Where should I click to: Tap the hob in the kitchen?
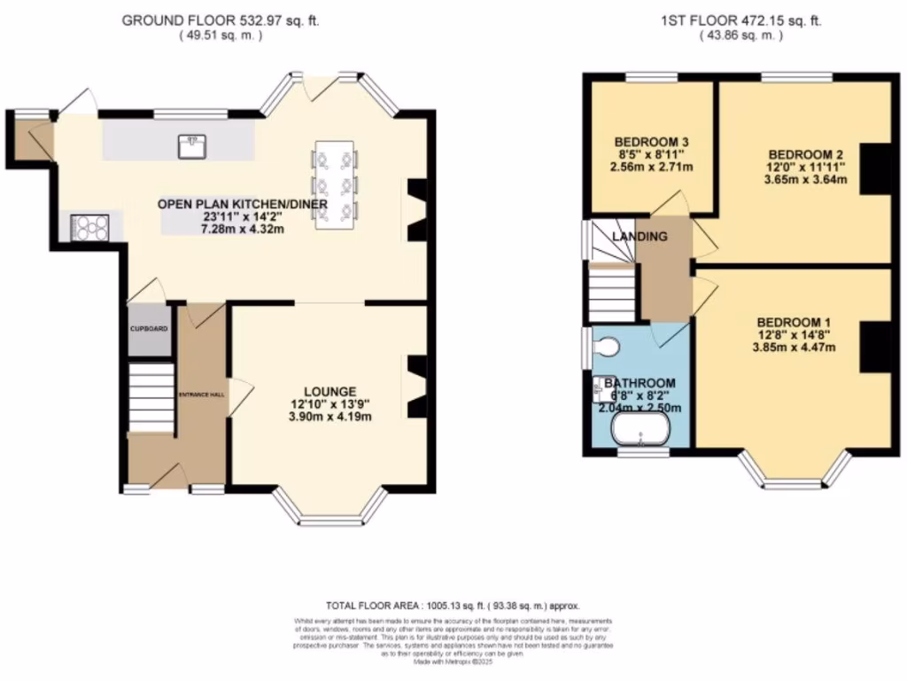[x=89, y=228]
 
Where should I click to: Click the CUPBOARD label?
[x=149, y=329]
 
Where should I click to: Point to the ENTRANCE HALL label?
[x=203, y=394]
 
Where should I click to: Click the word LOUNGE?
[x=329, y=391]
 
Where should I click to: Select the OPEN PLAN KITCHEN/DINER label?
[x=243, y=205]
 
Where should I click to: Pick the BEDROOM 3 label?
[x=652, y=142]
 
